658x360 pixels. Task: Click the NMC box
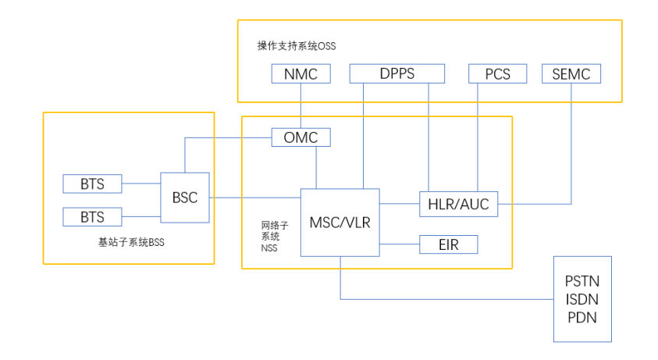tap(301, 74)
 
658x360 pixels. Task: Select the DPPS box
tap(397, 74)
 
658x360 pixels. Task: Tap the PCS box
tap(497, 74)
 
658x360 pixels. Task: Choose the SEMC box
tap(571, 74)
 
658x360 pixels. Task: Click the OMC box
tap(301, 137)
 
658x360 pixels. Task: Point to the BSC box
tap(185, 198)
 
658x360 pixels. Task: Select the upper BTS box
tap(93, 184)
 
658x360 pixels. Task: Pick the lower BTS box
tap(93, 216)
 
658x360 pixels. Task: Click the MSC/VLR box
tap(340, 222)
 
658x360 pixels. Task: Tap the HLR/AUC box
tap(458, 204)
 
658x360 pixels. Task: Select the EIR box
tap(448, 244)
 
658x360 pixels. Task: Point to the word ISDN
tap(582, 298)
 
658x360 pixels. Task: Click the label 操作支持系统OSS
tap(296, 46)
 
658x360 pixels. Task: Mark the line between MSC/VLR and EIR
tap(399, 244)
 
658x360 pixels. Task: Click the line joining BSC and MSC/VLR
tap(254, 198)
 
